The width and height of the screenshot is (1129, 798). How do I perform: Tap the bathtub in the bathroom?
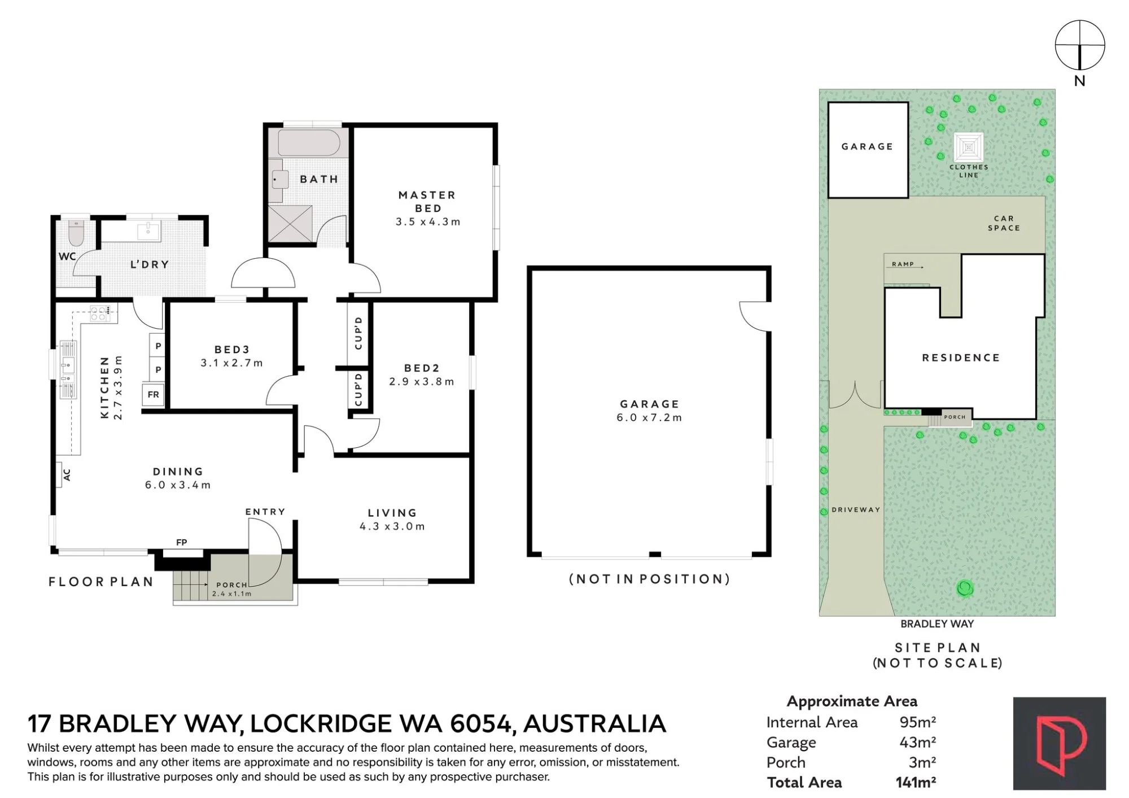click(308, 143)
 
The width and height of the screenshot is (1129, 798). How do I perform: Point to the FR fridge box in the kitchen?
click(154, 394)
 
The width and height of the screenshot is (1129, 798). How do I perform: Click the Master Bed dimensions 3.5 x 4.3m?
click(428, 222)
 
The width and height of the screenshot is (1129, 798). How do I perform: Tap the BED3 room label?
click(232, 350)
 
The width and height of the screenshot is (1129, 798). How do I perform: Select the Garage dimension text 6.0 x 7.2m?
click(649, 418)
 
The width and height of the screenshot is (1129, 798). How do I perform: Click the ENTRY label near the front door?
click(265, 512)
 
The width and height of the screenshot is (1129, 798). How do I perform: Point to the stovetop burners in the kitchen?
click(100, 313)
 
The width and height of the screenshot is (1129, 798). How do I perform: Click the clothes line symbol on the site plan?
click(969, 147)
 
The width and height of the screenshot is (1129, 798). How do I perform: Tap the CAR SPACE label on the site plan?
click(1004, 223)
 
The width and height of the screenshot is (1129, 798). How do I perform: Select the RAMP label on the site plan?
click(903, 264)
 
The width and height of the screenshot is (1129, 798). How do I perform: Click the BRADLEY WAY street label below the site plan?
click(937, 624)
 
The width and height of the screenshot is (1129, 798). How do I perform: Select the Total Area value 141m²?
click(916, 782)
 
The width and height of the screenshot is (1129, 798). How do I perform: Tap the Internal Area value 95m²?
click(918, 722)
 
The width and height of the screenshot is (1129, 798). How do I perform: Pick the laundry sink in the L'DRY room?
click(148, 230)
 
